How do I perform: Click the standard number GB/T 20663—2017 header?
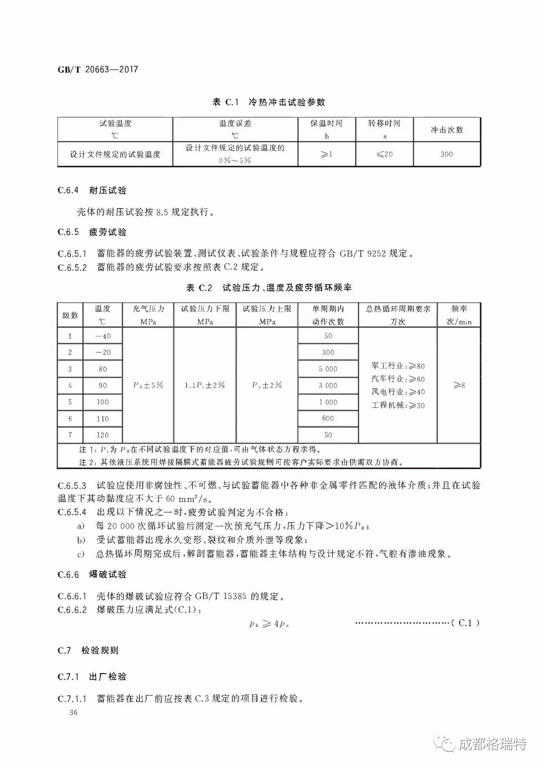98,69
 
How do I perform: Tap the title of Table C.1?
269,102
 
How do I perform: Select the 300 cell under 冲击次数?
446,154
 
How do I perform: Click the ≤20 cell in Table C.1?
384,154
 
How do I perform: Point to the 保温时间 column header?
326,129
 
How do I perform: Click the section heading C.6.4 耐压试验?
92,190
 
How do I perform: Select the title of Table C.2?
269,288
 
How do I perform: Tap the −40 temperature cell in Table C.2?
103,336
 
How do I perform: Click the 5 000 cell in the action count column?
328,369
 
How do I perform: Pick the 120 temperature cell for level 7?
103,435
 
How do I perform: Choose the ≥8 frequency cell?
459,385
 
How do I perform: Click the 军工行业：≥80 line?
398,366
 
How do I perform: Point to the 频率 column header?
459,315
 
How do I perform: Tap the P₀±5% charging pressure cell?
148,385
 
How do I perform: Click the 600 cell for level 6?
328,418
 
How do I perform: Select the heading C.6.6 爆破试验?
92,575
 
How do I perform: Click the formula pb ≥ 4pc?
270,624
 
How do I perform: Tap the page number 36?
74,712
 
